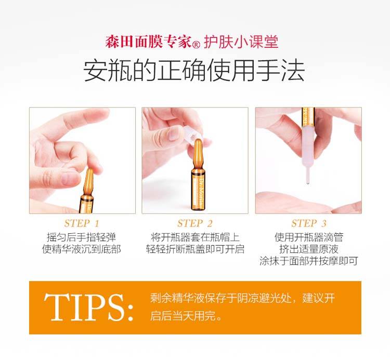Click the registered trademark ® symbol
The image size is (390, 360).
(x=197, y=45)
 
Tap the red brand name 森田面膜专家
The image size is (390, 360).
(x=149, y=42)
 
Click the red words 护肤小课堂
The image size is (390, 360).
(x=241, y=42)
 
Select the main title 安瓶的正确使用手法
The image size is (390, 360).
(x=194, y=71)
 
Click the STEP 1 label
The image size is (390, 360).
(x=82, y=223)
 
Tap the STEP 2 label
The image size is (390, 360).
(x=195, y=223)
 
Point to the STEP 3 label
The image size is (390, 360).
(x=309, y=223)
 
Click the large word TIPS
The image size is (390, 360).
(x=89, y=308)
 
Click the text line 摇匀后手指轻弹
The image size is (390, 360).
(x=82, y=237)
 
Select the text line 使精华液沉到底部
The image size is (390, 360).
(x=82, y=249)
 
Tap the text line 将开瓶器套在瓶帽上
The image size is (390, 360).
(x=195, y=237)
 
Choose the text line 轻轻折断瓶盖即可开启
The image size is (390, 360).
(x=195, y=249)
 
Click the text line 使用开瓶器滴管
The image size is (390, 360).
(x=309, y=237)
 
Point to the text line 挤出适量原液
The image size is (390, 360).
(x=309, y=249)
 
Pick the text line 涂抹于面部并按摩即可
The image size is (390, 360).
(x=309, y=261)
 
